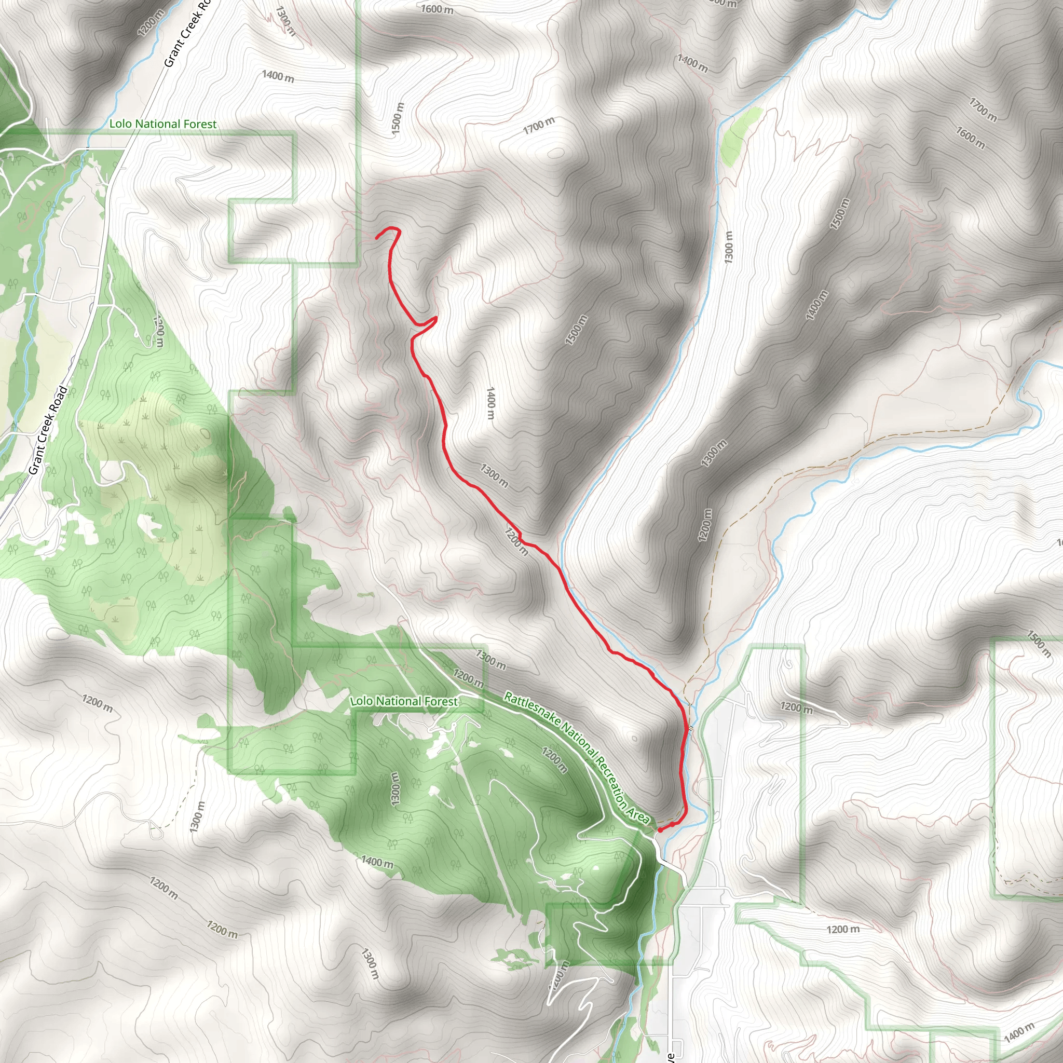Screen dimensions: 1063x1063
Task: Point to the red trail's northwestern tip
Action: [377, 238]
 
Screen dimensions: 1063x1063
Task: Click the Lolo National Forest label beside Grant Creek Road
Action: [163, 125]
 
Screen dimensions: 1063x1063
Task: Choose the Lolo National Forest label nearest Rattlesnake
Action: [404, 702]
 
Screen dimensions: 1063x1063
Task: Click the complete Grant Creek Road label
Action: [48, 430]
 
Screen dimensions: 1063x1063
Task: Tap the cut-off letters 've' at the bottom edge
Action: [671, 1057]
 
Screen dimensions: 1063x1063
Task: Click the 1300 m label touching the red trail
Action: [494, 476]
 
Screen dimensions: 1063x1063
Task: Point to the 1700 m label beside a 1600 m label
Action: [983, 109]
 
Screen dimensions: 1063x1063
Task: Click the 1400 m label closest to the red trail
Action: [490, 403]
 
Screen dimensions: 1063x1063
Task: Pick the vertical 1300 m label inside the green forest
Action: [395, 789]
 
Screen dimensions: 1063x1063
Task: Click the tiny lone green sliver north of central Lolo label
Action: [366, 595]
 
